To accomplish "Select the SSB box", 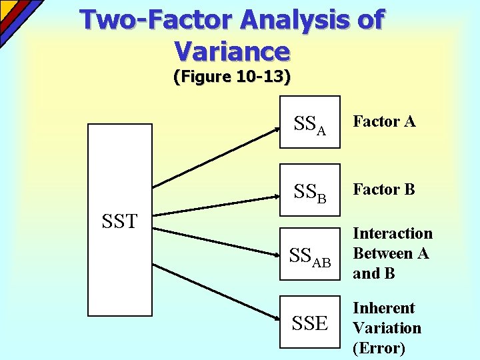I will (x=309, y=191).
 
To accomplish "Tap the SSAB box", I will (x=309, y=256).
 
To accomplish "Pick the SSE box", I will (x=309, y=322).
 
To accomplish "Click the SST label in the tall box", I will (x=120, y=221).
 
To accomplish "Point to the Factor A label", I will (x=384, y=121).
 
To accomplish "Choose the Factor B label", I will (x=384, y=190).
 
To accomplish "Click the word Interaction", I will (x=393, y=233).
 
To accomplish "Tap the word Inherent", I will (x=383, y=308).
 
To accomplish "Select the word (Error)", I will (x=379, y=348).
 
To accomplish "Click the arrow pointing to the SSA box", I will (x=217, y=154).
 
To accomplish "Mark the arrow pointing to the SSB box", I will (x=217, y=203).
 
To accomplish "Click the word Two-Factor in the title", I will (x=156, y=20).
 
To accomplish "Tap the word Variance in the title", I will (x=231, y=51).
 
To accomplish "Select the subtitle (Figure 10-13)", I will (x=231, y=77).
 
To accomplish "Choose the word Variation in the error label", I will (x=387, y=328).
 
